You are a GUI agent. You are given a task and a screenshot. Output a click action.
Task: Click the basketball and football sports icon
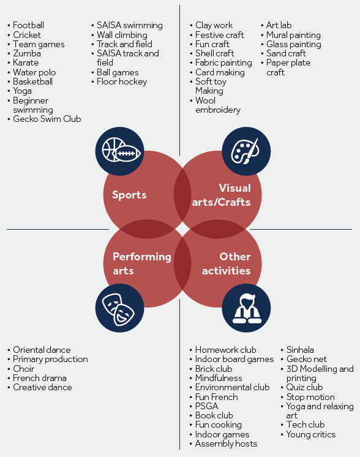(120, 151)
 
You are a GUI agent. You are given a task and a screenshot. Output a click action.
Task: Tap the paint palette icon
(246, 151)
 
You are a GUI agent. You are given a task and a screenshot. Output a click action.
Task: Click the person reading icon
(246, 308)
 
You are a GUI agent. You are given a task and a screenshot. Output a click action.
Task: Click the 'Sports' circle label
(129, 195)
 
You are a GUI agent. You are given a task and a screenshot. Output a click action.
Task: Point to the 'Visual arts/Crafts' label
(222, 195)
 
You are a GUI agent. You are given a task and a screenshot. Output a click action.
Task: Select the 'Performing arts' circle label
(142, 263)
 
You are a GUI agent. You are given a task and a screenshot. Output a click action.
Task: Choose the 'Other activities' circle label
(227, 263)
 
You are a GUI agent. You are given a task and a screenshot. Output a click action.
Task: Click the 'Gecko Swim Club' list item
(47, 119)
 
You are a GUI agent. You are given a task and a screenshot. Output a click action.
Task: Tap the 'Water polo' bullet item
(34, 72)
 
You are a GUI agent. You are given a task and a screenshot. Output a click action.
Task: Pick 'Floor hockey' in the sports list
(122, 81)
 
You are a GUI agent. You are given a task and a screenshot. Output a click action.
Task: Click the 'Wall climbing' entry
(122, 35)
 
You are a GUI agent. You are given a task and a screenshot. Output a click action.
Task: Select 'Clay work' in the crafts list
(214, 25)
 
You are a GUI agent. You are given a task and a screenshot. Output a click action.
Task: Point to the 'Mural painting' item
(293, 35)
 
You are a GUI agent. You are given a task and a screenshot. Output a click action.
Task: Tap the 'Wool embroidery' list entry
(218, 105)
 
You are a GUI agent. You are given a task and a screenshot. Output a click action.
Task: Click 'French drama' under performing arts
(40, 378)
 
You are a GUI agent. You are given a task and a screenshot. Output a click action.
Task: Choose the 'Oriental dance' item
(42, 350)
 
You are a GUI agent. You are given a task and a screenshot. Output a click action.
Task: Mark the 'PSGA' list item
(206, 406)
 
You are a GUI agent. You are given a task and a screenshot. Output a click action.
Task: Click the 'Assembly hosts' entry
(226, 444)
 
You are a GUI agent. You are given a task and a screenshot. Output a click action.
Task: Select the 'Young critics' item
(311, 434)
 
